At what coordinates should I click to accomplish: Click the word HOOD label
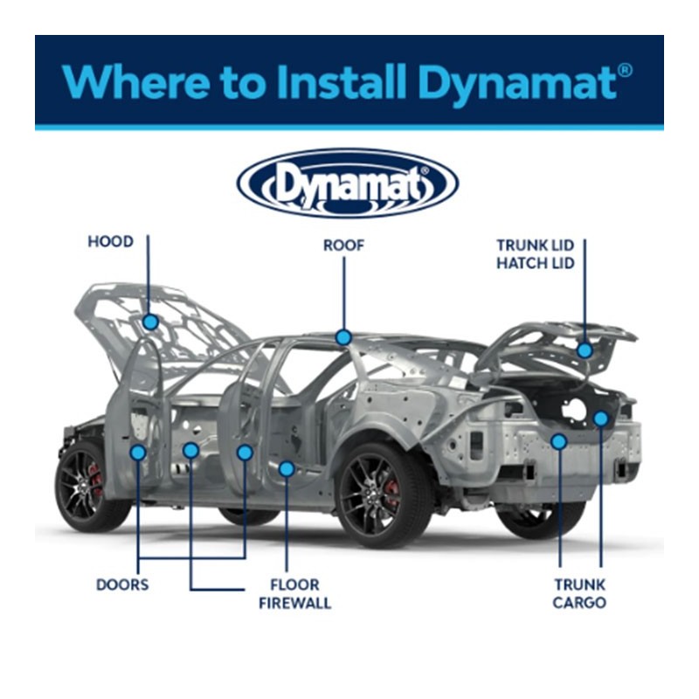coord(111,242)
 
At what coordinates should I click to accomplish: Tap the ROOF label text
coord(343,246)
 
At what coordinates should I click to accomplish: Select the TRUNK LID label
coord(536,246)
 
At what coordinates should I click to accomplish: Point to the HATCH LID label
coord(536,264)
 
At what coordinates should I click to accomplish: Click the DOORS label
coord(122,585)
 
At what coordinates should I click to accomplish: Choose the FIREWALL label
coord(295,603)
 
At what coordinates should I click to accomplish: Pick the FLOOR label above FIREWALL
coord(295,585)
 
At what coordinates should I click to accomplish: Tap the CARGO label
coord(579,603)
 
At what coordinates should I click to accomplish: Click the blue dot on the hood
coord(150,322)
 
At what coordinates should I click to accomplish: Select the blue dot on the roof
coord(343,337)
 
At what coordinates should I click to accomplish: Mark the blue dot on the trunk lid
coord(585,350)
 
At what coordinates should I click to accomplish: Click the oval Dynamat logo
coord(348,183)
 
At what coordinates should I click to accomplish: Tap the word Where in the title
coord(135,81)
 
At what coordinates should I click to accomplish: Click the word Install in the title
coord(341,81)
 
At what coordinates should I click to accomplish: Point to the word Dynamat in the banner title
coord(518,85)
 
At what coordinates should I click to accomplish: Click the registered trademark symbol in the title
coord(626,71)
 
